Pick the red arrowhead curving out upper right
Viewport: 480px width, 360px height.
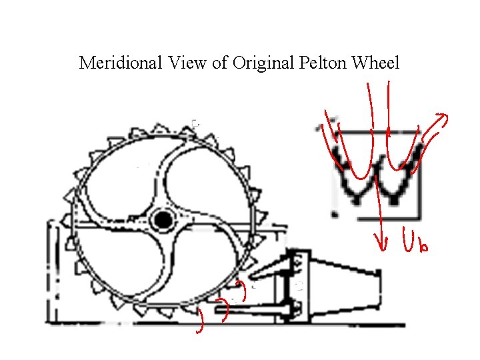(441, 119)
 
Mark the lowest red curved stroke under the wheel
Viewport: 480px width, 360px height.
(199, 322)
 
